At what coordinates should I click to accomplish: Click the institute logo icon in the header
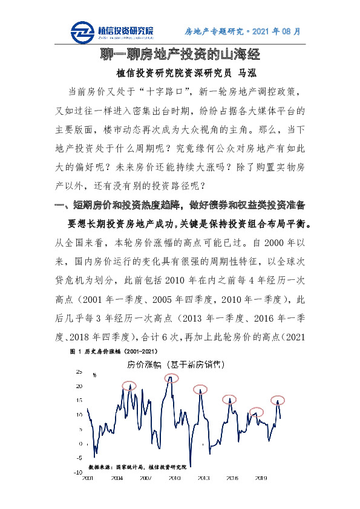click(x=82, y=31)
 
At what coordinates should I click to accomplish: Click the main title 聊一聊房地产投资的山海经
click(x=180, y=55)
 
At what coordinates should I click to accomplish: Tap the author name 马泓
click(x=248, y=73)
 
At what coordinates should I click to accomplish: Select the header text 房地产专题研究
click(x=214, y=31)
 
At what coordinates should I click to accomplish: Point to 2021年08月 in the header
click(x=277, y=31)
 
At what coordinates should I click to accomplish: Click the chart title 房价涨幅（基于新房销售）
click(x=172, y=365)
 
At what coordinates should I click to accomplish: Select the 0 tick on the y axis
click(x=80, y=444)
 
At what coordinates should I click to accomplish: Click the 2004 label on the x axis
click(x=116, y=478)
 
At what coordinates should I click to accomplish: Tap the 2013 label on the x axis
click(x=203, y=478)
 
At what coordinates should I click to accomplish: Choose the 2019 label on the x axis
click(x=261, y=478)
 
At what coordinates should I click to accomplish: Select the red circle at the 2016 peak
click(x=229, y=399)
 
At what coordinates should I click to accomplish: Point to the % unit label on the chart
click(x=94, y=375)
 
